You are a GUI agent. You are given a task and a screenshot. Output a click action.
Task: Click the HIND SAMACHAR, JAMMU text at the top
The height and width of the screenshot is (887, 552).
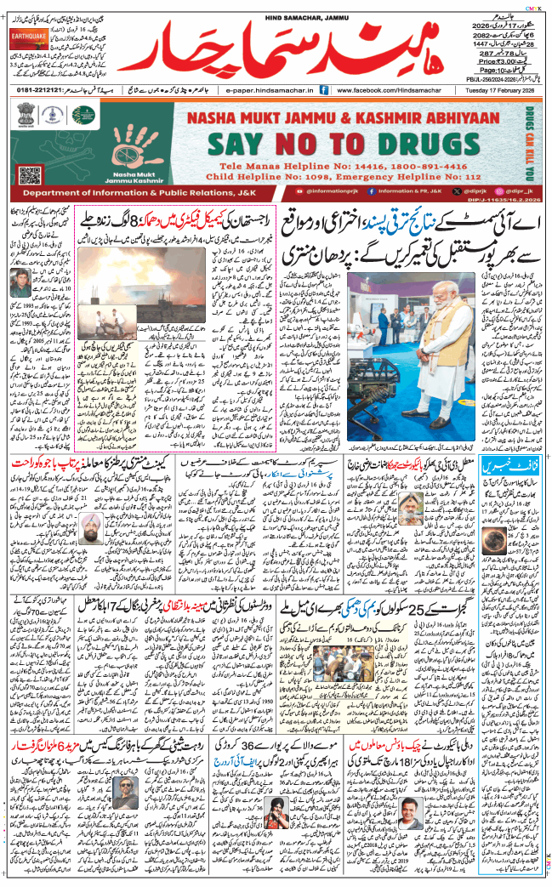(x=276, y=8)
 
